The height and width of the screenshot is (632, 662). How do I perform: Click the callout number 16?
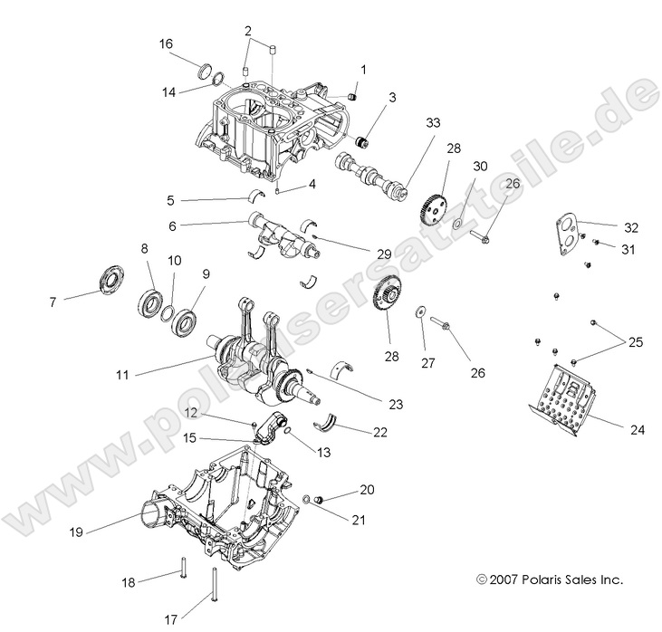(x=166, y=43)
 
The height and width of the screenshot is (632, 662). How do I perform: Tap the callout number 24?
(x=638, y=430)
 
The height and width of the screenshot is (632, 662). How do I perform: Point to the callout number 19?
(x=76, y=532)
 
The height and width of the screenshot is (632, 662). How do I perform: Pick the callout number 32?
(x=631, y=227)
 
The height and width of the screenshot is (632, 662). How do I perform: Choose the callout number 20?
(x=367, y=490)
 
